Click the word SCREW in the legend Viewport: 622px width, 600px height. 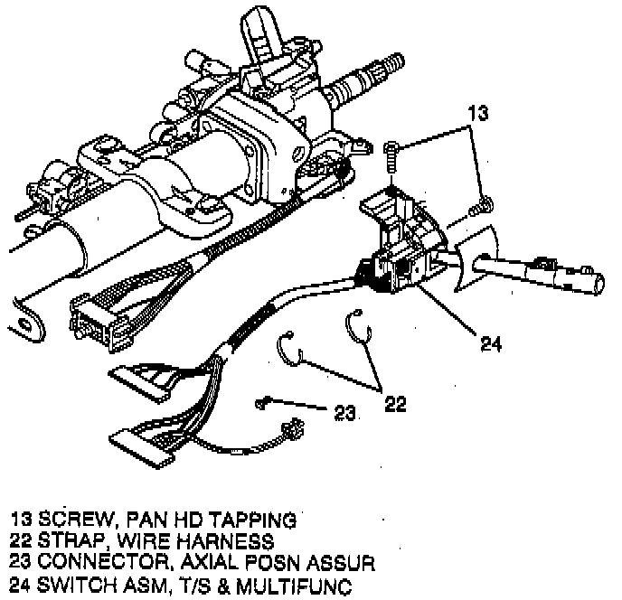click(71, 520)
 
